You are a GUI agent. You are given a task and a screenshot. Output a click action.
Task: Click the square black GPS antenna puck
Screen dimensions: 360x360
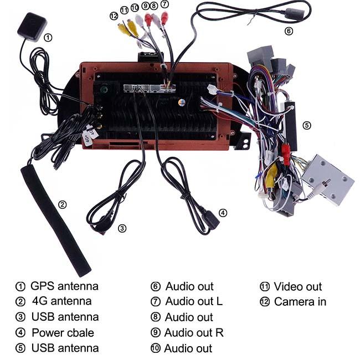point(32,27)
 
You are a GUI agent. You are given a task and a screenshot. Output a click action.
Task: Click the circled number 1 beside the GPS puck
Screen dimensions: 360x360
point(48,38)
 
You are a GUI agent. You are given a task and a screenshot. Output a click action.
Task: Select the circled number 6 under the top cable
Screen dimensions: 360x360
point(289,31)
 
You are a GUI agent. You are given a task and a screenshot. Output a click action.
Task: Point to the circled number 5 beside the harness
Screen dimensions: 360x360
point(307,125)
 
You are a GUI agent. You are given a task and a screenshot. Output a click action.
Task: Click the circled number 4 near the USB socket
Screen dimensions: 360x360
point(223,213)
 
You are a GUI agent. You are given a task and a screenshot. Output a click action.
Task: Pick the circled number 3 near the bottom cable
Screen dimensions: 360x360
point(122,228)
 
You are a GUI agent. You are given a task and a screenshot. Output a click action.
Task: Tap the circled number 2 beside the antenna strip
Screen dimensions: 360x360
point(62,204)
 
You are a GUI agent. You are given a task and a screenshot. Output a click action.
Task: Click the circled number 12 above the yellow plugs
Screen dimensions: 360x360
point(114,16)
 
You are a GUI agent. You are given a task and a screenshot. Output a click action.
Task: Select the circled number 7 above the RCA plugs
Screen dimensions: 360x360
point(164,4)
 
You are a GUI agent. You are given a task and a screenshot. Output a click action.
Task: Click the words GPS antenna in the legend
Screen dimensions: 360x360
point(64,286)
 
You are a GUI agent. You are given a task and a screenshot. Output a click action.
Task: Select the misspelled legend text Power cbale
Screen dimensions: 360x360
point(63,333)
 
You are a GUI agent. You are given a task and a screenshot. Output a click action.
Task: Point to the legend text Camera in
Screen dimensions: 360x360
point(300,302)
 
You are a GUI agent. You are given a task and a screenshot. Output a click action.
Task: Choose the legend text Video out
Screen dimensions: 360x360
point(298,286)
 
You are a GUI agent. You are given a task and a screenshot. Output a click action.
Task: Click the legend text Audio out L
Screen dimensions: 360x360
point(194,301)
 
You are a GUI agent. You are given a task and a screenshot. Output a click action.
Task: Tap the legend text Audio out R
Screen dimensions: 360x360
point(194,333)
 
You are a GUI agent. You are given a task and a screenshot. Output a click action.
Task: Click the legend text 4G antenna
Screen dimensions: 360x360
point(62,301)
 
